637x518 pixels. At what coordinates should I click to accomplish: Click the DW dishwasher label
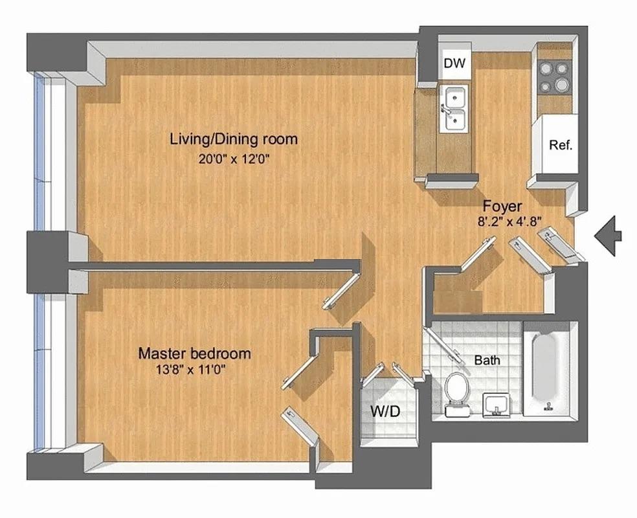pos(454,63)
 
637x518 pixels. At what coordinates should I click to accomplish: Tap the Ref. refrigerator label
pos(561,145)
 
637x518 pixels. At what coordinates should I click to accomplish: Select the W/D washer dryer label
pos(385,412)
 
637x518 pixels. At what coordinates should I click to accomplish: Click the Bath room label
pos(487,361)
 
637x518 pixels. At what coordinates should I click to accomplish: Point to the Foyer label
pos(502,207)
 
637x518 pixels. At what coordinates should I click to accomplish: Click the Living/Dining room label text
pos(234,139)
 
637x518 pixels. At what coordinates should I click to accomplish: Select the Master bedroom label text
pos(195,354)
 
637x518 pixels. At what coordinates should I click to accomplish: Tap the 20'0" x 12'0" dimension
pos(234,159)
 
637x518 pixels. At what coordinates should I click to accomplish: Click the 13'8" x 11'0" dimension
pos(190,370)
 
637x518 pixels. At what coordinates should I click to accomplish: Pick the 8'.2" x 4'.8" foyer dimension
pos(510,222)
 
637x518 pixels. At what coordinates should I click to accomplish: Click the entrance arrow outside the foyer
pos(608,236)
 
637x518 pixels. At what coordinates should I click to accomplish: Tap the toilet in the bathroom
pos(457,394)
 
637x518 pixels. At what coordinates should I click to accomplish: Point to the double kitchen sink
pos(453,109)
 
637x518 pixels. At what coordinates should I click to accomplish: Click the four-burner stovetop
pos(555,76)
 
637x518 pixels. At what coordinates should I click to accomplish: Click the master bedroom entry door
pos(341,291)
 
